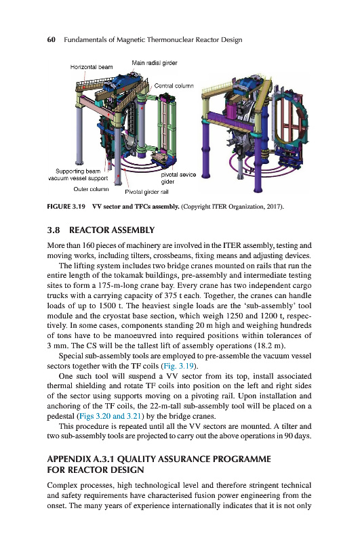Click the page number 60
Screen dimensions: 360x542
coord(51,39)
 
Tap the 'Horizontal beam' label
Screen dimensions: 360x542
coord(92,66)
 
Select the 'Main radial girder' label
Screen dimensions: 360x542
coord(154,62)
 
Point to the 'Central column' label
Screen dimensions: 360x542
coord(174,85)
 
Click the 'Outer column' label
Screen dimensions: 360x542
coord(91,189)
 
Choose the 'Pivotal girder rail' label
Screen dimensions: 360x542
coord(146,192)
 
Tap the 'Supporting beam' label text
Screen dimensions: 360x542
coord(78,171)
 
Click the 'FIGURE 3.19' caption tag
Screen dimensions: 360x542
coord(66,207)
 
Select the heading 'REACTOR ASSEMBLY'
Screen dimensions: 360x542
coord(112,230)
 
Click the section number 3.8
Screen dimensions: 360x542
coord(54,230)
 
